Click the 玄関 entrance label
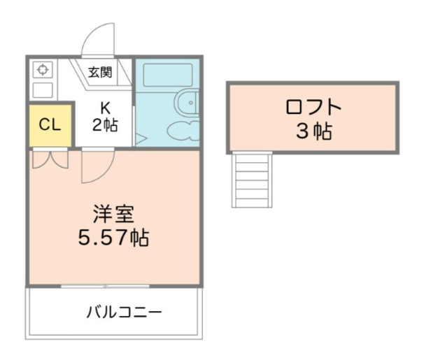[x=100, y=71]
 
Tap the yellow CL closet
[x=50, y=125]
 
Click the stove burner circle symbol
[x=43, y=70]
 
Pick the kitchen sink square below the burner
[x=43, y=89]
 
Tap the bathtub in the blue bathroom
[x=167, y=75]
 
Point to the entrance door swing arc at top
[x=97, y=38]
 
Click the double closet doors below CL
[x=50, y=159]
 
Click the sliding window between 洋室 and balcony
[x=105, y=286]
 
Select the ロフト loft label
[x=313, y=108]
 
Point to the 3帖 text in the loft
[x=313, y=131]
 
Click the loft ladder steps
[x=251, y=180]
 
